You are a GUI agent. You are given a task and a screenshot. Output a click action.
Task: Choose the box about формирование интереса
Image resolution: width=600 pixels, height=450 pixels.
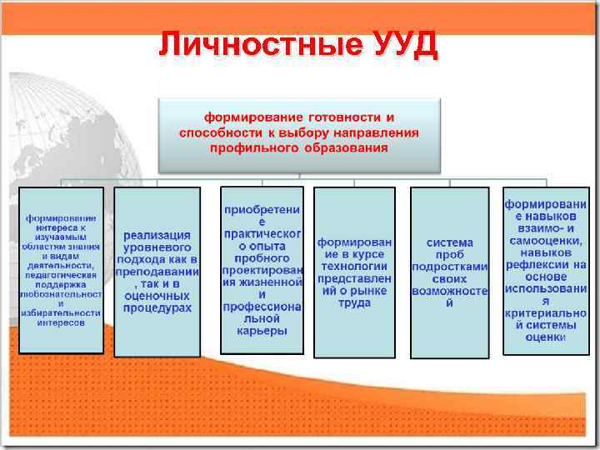62,269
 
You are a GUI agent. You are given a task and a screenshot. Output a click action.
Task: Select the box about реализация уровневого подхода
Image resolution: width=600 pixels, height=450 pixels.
157,272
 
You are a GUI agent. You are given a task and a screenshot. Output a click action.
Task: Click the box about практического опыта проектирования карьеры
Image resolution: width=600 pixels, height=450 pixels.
262,270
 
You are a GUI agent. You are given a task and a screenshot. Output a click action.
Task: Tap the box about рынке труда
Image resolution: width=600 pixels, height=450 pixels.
354,272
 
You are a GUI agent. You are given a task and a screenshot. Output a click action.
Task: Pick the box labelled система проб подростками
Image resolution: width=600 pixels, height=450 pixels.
449,272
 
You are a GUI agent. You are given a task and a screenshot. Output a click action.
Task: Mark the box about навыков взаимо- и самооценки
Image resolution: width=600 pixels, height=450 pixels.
545,270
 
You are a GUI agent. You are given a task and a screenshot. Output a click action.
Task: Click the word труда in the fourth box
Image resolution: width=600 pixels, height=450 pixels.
354,303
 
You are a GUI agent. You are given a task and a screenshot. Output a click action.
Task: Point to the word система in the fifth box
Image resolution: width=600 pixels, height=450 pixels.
449,242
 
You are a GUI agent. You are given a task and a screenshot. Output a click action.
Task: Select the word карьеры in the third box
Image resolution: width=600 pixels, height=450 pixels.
262,330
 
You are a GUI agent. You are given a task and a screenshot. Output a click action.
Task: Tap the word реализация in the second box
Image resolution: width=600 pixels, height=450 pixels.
157,236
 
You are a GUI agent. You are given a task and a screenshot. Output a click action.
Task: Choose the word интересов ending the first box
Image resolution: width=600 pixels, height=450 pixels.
61,322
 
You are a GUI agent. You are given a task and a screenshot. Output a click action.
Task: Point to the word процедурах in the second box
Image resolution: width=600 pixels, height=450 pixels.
157,307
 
